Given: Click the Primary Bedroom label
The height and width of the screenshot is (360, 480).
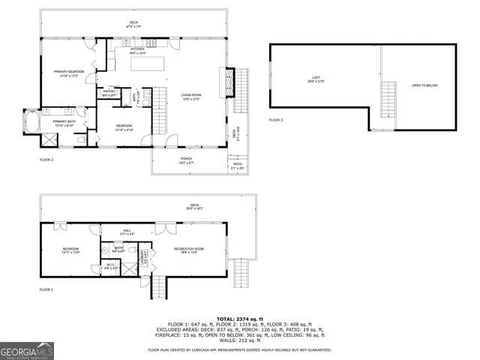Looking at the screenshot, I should pyautogui.click(x=67, y=73).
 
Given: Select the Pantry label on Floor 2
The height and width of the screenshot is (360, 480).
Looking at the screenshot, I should pyautogui.click(x=108, y=92).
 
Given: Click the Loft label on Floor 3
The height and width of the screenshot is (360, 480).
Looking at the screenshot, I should pyautogui.click(x=316, y=77).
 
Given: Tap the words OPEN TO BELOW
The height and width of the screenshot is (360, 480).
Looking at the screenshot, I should pyautogui.click(x=424, y=85).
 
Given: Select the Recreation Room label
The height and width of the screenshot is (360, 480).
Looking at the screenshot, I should pyautogui.click(x=189, y=249).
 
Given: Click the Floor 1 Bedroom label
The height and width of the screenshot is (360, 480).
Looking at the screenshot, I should pyautogui.click(x=70, y=249).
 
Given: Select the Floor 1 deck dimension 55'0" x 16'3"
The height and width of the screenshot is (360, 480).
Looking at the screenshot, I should pyautogui.click(x=194, y=209).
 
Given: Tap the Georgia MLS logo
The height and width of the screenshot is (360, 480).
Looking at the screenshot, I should pyautogui.click(x=27, y=350).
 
